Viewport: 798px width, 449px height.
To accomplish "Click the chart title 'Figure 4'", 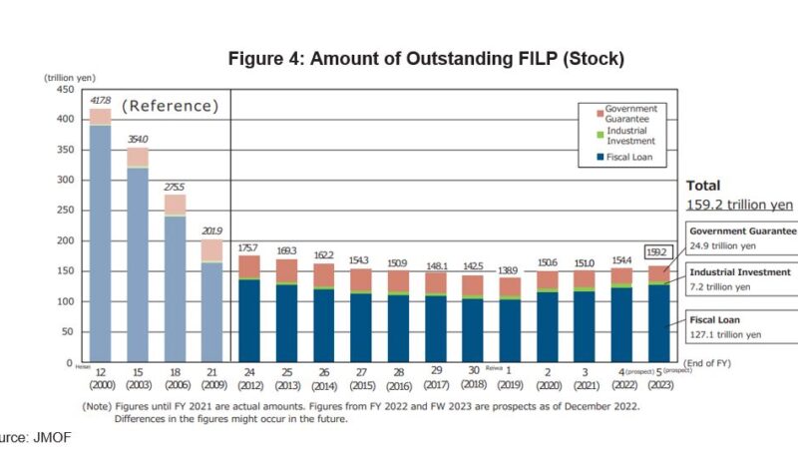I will [x=426, y=58].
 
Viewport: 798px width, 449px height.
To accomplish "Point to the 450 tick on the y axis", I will [x=64, y=89].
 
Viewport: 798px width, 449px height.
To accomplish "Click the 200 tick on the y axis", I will [x=64, y=240].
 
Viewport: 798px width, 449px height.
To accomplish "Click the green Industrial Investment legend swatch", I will [x=600, y=135].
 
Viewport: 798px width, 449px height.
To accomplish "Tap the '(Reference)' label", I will [x=170, y=105].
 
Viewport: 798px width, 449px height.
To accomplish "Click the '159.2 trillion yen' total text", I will [x=739, y=205].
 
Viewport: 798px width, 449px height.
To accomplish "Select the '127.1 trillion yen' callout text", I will [x=725, y=334].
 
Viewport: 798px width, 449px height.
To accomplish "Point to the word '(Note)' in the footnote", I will [x=99, y=406].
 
